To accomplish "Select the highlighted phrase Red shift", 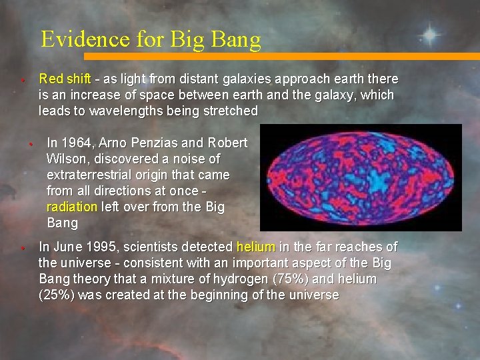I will [64, 79].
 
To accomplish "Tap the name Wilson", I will [66, 159].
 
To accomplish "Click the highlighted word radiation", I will [72, 207].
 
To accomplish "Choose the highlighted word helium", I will [255, 247].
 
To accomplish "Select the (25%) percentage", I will [56, 295].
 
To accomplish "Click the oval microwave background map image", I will [360, 177].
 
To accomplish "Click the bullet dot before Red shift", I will [23, 81].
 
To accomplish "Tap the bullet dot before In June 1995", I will [23, 248].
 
